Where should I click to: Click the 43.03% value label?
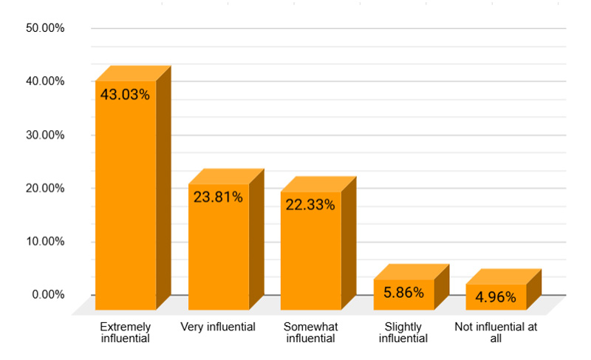pyautogui.click(x=126, y=95)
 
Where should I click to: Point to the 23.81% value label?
pyautogui.click(x=219, y=197)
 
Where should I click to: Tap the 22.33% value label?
pyautogui.click(x=311, y=205)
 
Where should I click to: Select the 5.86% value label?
pyautogui.click(x=404, y=293)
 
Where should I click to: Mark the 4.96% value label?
pyautogui.click(x=496, y=298)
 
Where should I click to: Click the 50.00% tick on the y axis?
pyautogui.click(x=45, y=29)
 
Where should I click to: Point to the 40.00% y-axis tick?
pyautogui.click(x=45, y=81)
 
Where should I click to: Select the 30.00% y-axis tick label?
pyautogui.click(x=45, y=135)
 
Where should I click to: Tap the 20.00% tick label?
pyautogui.click(x=45, y=189)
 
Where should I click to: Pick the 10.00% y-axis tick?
pyautogui.click(x=45, y=242)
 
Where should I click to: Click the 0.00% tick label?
pyautogui.click(x=48, y=295)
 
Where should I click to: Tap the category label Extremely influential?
pyautogui.click(x=125, y=333)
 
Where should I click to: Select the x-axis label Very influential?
pyautogui.click(x=218, y=327)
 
